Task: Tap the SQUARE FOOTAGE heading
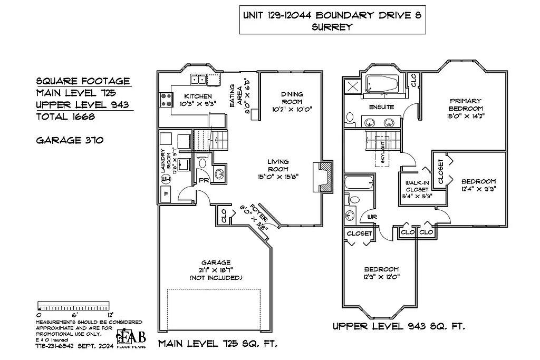point(83,81)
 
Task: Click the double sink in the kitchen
point(198,80)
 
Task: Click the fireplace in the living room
point(323,177)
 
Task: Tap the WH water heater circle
point(165,179)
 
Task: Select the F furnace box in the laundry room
point(166,194)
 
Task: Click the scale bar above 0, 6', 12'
point(74,306)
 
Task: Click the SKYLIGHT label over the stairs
point(383,152)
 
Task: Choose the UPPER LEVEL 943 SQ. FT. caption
point(399,327)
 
